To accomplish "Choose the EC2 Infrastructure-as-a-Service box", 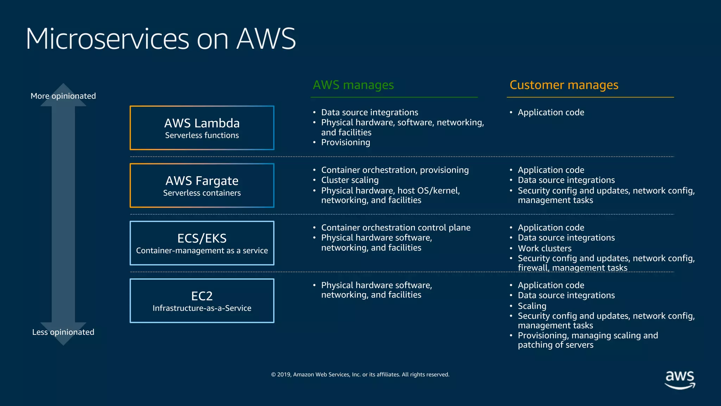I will pyautogui.click(x=202, y=301).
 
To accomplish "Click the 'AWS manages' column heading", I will pyautogui.click(x=353, y=85).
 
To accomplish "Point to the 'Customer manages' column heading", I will pyautogui.click(x=564, y=85).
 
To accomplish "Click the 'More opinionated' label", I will pyautogui.click(x=63, y=96).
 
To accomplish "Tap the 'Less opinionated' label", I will pyautogui.click(x=63, y=332).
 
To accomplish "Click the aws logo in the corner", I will pyautogui.click(x=679, y=380).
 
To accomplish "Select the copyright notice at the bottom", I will pyautogui.click(x=360, y=374).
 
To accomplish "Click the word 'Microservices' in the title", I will pyautogui.click(x=107, y=39).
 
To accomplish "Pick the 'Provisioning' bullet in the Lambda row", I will pyautogui.click(x=345, y=142).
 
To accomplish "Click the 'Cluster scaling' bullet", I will pyautogui.click(x=350, y=180).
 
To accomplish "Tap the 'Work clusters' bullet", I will pyautogui.click(x=544, y=248).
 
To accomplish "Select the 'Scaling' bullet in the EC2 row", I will pyautogui.click(x=532, y=306).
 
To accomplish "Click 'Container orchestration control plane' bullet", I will pyautogui.click(x=395, y=228).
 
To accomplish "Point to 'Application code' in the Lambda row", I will pyautogui.click(x=551, y=112).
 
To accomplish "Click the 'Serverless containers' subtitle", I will pyautogui.click(x=202, y=193).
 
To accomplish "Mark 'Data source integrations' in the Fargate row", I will pyautogui.click(x=566, y=180).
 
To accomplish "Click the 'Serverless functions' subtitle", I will pyautogui.click(x=202, y=135).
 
